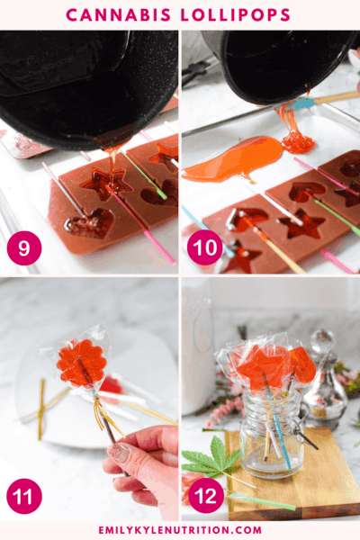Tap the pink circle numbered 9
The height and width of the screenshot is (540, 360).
[x=24, y=247]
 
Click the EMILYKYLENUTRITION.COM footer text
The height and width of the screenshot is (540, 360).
[x=180, y=530]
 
